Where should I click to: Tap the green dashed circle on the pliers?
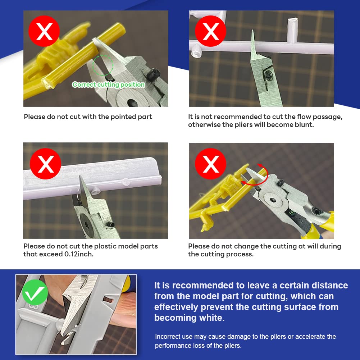pyautogui.click(x=103, y=65)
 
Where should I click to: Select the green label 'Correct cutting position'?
pyautogui.click(x=109, y=85)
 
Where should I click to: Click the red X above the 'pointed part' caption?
pyautogui.click(x=44, y=32)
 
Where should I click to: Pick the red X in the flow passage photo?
pyautogui.click(x=210, y=32)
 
